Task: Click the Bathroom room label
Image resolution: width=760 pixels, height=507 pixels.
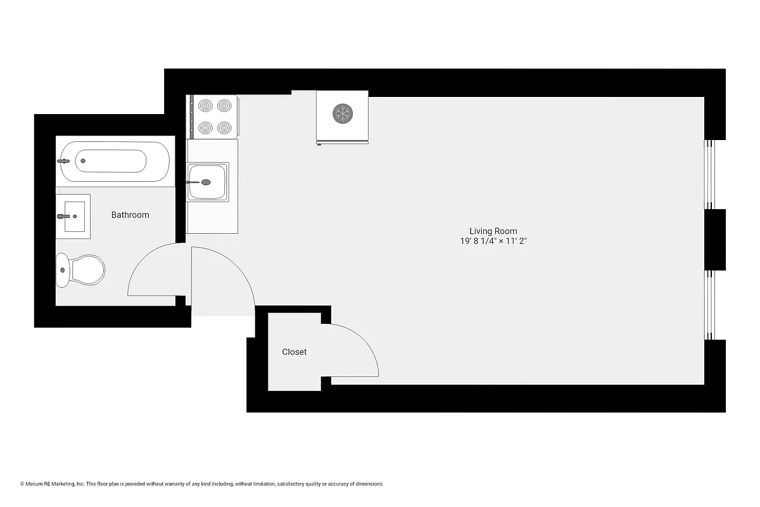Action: [x=130, y=215]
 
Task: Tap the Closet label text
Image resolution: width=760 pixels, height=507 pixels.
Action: [x=294, y=352]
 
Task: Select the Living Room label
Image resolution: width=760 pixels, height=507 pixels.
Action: [x=493, y=231]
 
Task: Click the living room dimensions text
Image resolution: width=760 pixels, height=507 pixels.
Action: [x=493, y=241]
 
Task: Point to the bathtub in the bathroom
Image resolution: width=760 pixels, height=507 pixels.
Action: [x=115, y=161]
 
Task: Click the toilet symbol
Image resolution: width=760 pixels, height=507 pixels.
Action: [x=80, y=270]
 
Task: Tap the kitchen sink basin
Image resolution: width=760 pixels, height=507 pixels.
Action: [x=208, y=182]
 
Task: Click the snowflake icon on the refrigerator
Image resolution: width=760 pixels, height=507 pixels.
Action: [x=343, y=114]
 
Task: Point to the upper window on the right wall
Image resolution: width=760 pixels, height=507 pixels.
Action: [x=710, y=174]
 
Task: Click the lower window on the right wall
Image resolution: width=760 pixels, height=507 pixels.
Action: [x=710, y=305]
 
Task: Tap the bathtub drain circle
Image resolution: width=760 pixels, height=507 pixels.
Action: [x=82, y=161]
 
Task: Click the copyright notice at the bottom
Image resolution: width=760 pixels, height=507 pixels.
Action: [x=202, y=484]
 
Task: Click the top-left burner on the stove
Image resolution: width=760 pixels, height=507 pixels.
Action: [x=205, y=105]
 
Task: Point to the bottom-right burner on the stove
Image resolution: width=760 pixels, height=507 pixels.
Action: [x=223, y=127]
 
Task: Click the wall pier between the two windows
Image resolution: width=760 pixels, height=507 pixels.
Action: [x=715, y=240]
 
